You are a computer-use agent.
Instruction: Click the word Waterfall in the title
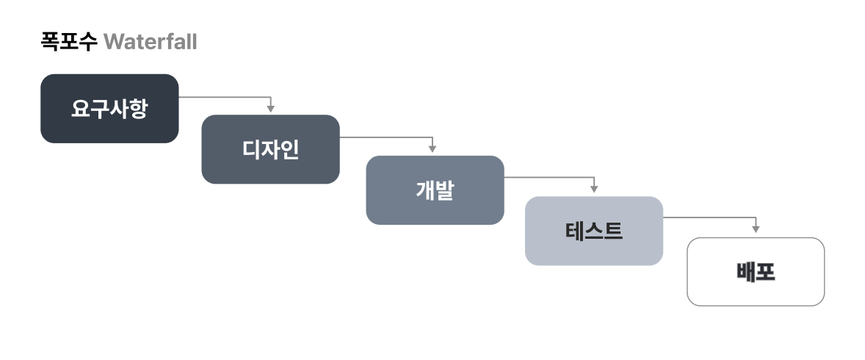[151, 42]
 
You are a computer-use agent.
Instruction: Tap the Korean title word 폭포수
[69, 42]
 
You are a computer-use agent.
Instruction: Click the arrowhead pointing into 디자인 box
[270, 109]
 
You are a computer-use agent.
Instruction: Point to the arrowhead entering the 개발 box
[432, 149]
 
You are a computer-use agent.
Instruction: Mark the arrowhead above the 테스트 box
[594, 190]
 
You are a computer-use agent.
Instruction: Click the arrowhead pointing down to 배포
[756, 230]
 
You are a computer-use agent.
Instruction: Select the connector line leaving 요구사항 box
[224, 96]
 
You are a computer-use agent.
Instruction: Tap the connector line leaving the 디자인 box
[386, 137]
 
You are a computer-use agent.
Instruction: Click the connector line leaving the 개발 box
[549, 177]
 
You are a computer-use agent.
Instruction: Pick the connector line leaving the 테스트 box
[709, 217]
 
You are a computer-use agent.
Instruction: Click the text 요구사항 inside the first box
[109, 109]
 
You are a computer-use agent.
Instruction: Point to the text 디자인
[270, 150]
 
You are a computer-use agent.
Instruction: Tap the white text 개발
[435, 190]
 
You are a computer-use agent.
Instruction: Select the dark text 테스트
[593, 231]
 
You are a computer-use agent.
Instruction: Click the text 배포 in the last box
[756, 272]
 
